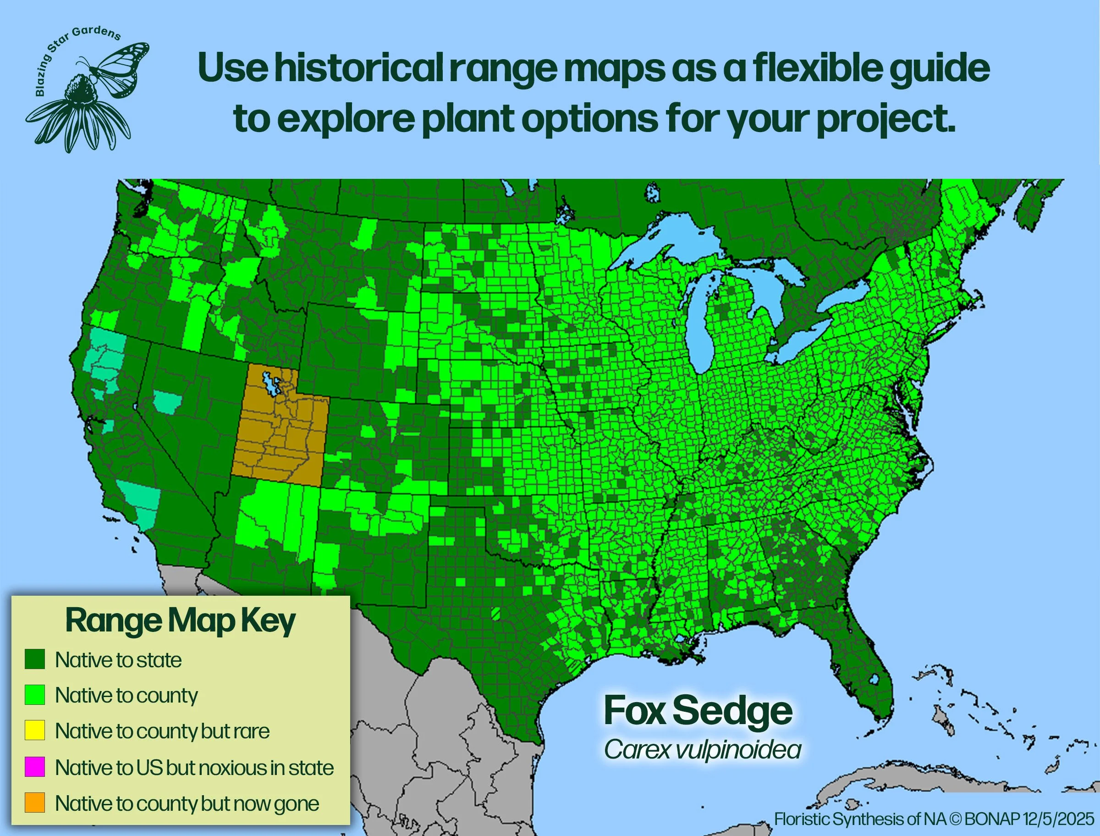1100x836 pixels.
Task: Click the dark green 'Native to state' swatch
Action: [x=35, y=659]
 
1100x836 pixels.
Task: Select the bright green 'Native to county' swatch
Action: [x=35, y=695]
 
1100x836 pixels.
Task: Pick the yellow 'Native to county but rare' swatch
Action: [x=35, y=731]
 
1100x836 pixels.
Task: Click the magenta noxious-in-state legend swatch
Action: [x=35, y=767]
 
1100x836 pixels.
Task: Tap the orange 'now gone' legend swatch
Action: [x=35, y=803]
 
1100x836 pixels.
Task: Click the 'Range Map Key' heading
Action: [x=180, y=620]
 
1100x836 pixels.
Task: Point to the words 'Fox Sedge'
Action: [x=698, y=711]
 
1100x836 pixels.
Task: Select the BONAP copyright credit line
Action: [x=934, y=819]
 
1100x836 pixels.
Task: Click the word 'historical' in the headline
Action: [x=359, y=68]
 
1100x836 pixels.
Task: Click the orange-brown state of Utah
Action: [x=279, y=438]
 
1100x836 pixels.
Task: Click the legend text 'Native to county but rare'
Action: [x=162, y=731]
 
